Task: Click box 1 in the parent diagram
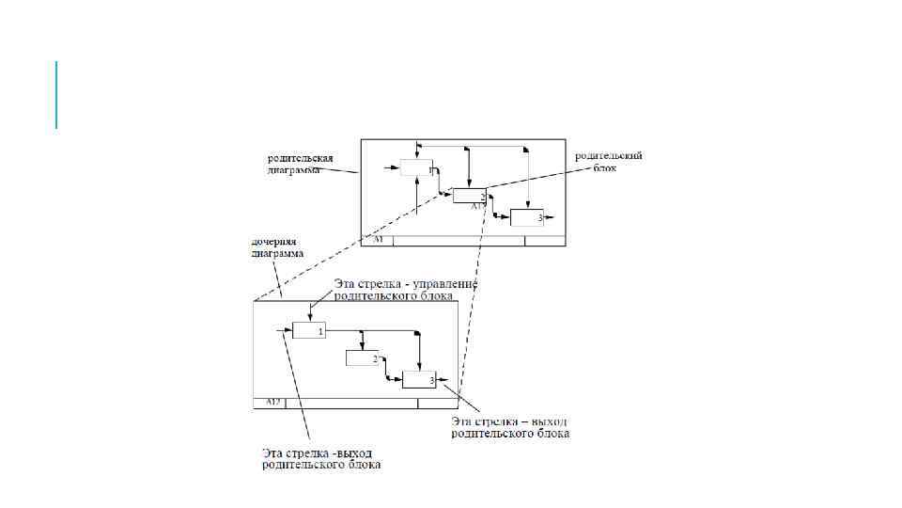(x=415, y=168)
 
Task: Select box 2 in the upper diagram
(x=469, y=195)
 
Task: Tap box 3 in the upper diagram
(x=526, y=217)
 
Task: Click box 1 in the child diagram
(x=308, y=330)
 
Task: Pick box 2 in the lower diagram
(x=362, y=357)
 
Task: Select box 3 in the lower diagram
(x=418, y=380)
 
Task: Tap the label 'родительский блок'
(x=609, y=161)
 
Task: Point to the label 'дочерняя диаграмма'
(x=276, y=247)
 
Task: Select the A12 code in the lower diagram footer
(x=273, y=403)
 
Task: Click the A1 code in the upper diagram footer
(x=378, y=241)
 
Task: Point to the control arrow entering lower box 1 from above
(x=309, y=311)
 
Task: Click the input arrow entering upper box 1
(x=394, y=168)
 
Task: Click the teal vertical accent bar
(x=56, y=94)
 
